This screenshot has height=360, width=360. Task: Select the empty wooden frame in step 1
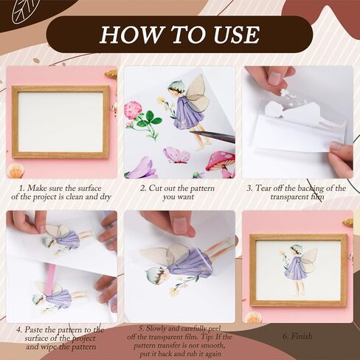click(x=60, y=122)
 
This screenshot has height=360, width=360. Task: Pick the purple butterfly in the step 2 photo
click(x=176, y=154)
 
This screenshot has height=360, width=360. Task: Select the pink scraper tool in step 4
click(x=51, y=280)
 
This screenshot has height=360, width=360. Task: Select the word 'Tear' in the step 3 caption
click(x=269, y=188)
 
